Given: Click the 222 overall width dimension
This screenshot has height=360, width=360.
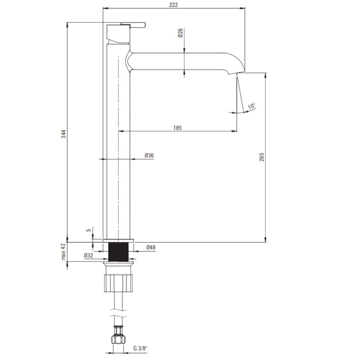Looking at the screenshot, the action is [x=174, y=5].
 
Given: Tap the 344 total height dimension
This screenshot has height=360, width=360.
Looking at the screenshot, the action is [x=63, y=134].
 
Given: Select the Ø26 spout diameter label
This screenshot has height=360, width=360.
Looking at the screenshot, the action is [x=180, y=33].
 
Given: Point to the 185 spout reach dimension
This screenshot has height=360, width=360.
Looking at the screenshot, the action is [x=177, y=128].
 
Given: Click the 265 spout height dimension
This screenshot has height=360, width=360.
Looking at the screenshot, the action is [x=262, y=157].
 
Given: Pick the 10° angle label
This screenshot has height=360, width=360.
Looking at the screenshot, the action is [x=251, y=106].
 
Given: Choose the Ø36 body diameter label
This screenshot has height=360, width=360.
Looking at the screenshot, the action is [x=149, y=156].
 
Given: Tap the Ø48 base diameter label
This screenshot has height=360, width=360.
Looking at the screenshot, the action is [x=151, y=247].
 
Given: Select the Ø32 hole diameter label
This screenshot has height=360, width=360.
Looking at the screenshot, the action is [x=89, y=255].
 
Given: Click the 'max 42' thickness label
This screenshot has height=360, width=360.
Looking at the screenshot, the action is [x=63, y=252].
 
